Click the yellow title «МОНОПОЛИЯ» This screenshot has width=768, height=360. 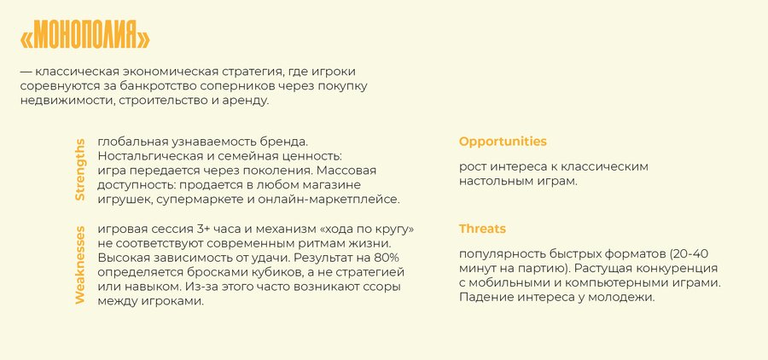[84, 35]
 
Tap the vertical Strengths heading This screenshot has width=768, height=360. [80, 170]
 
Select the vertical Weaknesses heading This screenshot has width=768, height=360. [80, 265]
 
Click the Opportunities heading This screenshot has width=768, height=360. [503, 142]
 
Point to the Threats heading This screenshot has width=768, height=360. [482, 229]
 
